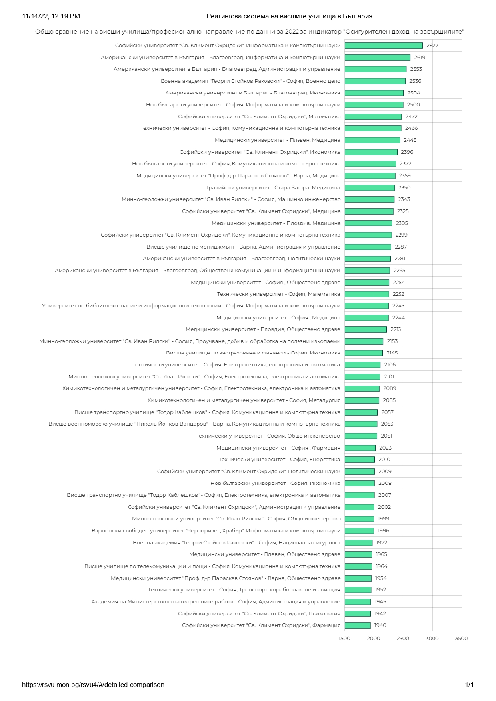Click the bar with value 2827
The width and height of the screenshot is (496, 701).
click(x=383, y=46)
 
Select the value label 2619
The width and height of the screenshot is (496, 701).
click(x=420, y=58)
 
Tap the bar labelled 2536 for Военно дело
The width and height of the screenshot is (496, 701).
click(x=375, y=81)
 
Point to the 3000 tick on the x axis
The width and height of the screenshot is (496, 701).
click(x=432, y=638)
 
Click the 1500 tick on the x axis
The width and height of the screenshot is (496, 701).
click(x=344, y=638)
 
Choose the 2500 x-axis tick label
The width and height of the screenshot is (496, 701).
click(x=403, y=638)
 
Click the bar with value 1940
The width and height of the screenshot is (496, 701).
click(x=358, y=625)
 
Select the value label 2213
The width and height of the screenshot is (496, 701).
click(x=396, y=329)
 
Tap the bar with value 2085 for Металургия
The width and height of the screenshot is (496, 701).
click(x=362, y=400)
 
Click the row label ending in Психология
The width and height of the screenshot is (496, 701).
click(x=259, y=613)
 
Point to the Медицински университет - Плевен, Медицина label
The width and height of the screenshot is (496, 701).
click(x=278, y=140)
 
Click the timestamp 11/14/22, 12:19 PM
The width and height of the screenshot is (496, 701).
click(x=51, y=16)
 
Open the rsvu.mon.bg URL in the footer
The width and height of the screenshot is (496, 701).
click(x=93, y=685)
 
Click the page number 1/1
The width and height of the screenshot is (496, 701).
click(x=469, y=685)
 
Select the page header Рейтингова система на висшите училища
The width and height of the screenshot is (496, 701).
click(x=289, y=16)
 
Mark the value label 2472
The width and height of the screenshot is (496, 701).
click(x=411, y=117)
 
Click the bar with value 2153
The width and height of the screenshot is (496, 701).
click(x=364, y=341)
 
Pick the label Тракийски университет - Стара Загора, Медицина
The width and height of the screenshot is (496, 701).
click(x=273, y=188)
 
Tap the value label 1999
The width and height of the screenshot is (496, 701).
click(x=384, y=519)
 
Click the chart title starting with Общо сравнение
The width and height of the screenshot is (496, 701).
click(x=250, y=32)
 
